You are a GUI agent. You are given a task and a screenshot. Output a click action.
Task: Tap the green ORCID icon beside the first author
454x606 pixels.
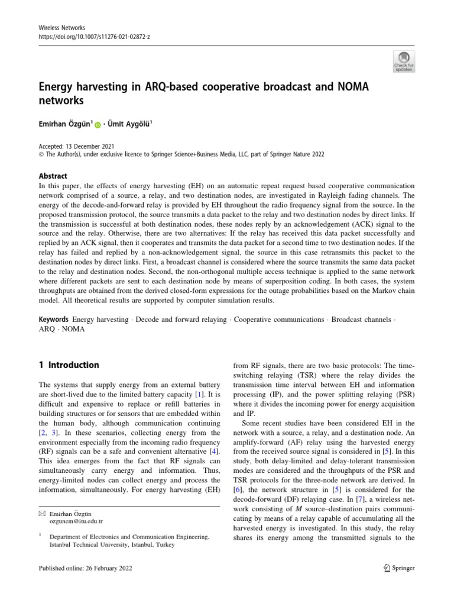click(98, 125)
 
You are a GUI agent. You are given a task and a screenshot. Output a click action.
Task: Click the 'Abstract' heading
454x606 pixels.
click(53, 176)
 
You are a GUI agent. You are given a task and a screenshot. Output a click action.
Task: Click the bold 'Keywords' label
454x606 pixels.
click(54, 320)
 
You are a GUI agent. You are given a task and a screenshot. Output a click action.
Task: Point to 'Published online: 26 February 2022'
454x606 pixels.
click(85, 568)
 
